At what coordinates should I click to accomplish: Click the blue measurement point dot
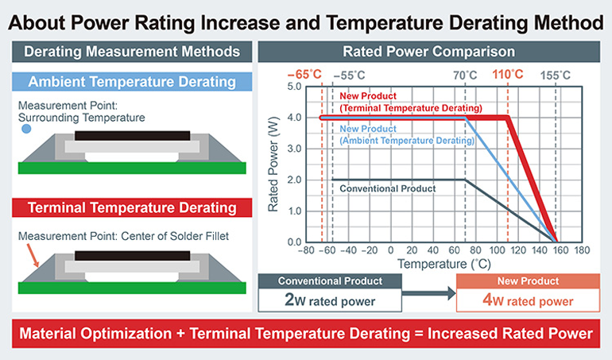(27, 127)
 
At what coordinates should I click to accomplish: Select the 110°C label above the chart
(508, 75)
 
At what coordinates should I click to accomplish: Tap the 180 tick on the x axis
(581, 250)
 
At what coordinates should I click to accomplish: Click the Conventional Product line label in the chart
(388, 188)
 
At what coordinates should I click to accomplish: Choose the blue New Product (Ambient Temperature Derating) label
(406, 134)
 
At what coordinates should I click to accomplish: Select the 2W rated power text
(331, 300)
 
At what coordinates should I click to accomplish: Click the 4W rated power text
(527, 300)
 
